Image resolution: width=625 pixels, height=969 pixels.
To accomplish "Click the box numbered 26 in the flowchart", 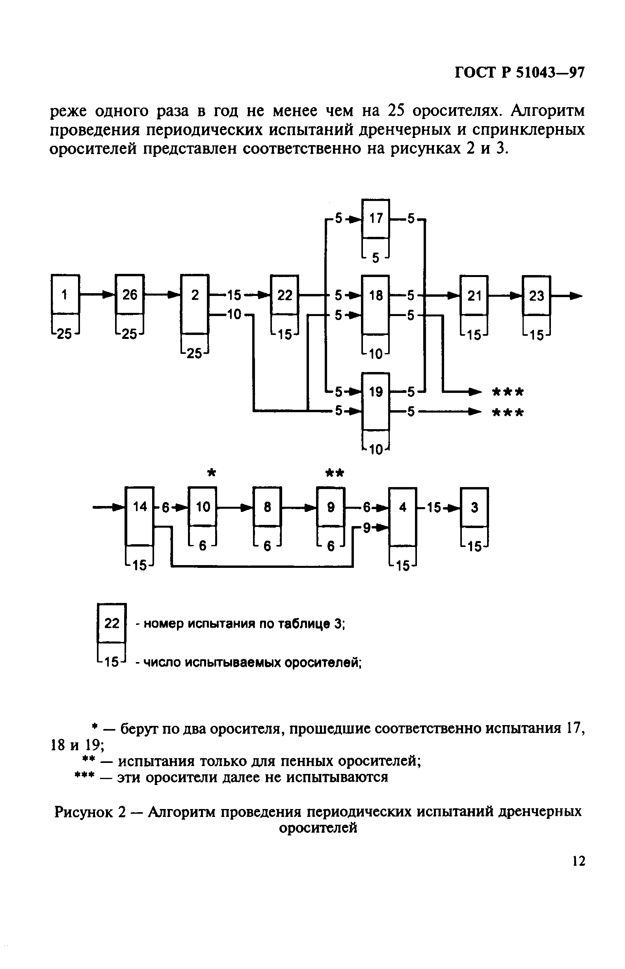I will click(x=130, y=295).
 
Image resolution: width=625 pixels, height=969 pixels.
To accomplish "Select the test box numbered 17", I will click(x=376, y=219).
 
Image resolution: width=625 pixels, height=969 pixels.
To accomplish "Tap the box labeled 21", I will click(x=474, y=296).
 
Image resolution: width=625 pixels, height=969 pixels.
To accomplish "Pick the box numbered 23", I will click(x=536, y=296).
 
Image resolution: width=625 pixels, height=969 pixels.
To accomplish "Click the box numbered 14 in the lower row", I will click(x=140, y=507).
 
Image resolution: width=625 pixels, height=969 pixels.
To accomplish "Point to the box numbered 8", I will click(x=267, y=507).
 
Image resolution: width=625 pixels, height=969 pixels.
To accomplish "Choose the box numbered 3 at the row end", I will click(x=474, y=507).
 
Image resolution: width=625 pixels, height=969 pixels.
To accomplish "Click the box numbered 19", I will click(x=376, y=392).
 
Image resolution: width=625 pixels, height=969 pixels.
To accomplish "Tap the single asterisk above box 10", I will click(x=211, y=473).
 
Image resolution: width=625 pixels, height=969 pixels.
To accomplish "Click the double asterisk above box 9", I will click(x=335, y=473).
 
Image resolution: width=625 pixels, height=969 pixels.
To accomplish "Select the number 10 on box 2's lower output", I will click(x=234, y=314).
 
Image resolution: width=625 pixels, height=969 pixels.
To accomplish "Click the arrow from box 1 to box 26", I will click(x=97, y=294).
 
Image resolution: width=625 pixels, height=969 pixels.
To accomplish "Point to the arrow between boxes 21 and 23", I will click(x=506, y=296).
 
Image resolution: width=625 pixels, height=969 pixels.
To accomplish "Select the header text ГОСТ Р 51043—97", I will click(x=519, y=73).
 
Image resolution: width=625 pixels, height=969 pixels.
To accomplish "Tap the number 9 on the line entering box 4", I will click(x=366, y=528).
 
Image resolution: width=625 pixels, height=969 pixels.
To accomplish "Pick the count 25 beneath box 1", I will click(x=64, y=334).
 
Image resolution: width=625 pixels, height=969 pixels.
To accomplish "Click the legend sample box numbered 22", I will click(x=112, y=623).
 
